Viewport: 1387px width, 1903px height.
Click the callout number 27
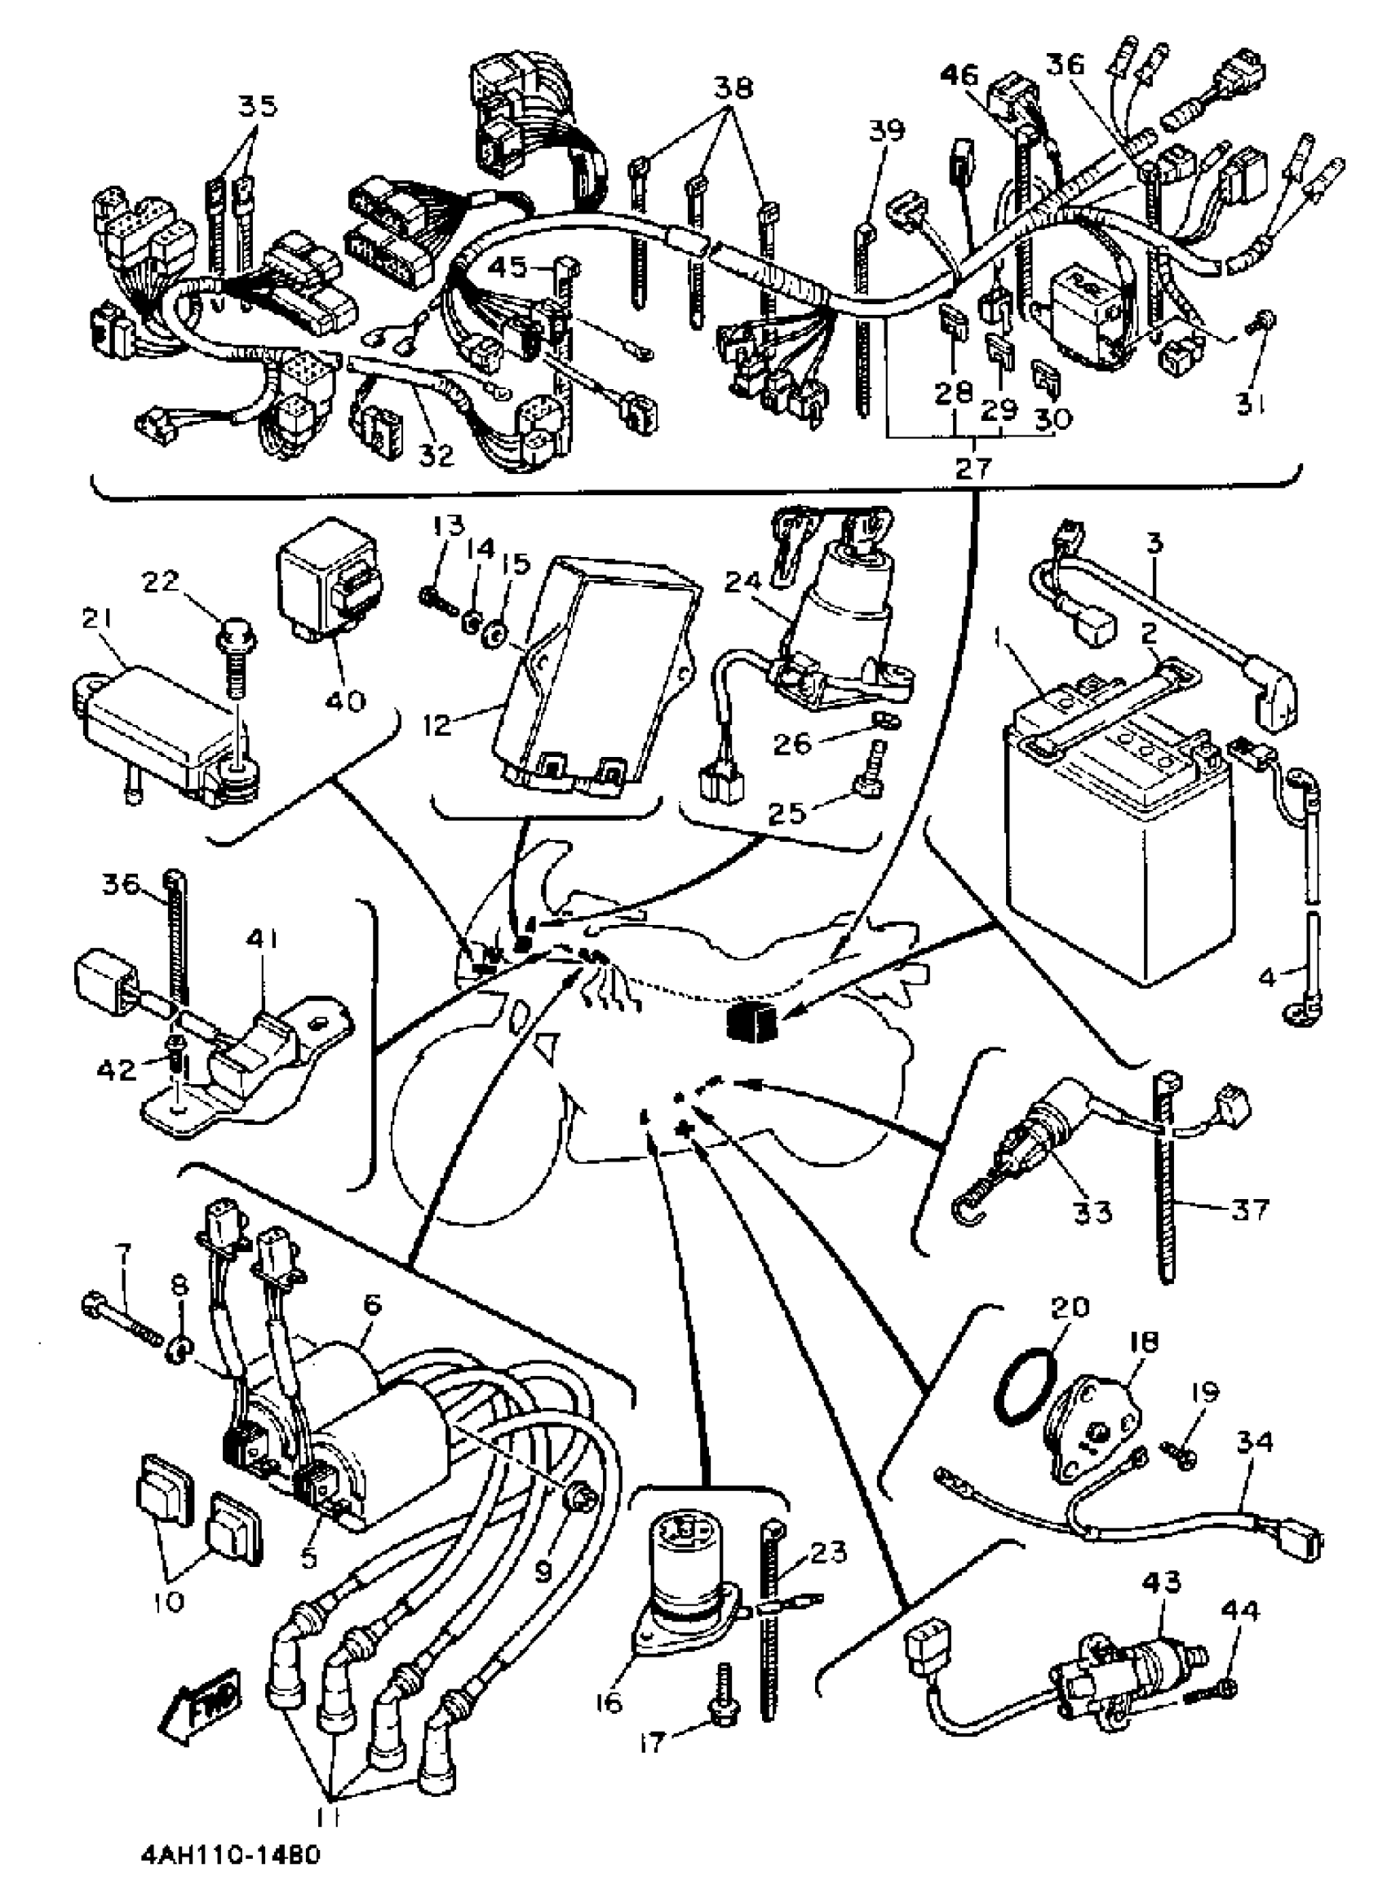973,467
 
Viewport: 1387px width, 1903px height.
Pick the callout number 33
1092,1211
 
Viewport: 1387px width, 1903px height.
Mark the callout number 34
1254,1442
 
